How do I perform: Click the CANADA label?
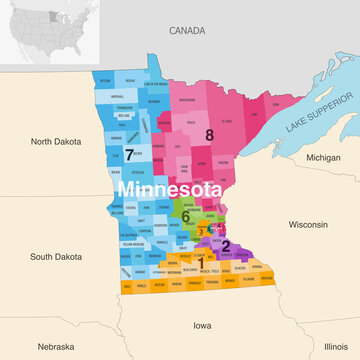186,31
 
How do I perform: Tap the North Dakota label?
55,142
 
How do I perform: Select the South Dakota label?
55,257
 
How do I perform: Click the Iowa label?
203,325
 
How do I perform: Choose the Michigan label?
323,158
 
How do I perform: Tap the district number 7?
129,154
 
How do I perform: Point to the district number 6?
185,215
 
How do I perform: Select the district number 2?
226,245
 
